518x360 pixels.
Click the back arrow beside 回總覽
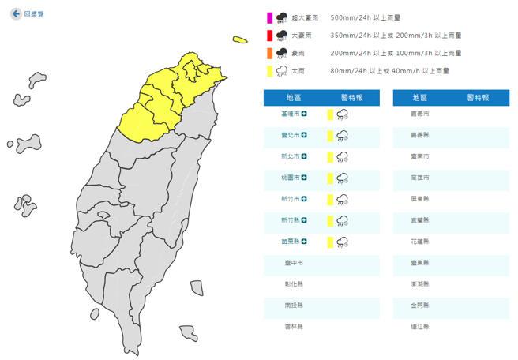point(16,14)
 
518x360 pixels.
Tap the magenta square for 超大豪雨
point(269,17)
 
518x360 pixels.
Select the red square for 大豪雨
point(269,36)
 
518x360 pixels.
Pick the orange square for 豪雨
point(269,53)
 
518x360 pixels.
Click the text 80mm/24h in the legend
point(348,71)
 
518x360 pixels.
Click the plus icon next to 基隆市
point(304,114)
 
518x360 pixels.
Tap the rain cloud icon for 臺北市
point(343,136)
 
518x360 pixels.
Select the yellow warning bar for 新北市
point(329,157)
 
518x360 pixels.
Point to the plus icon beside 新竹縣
point(304,220)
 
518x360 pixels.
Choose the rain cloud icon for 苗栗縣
point(343,242)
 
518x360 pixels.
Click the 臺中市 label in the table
point(294,263)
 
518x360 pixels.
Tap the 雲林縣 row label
point(294,326)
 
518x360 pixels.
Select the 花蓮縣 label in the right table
point(421,242)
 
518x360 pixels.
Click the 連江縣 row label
point(421,326)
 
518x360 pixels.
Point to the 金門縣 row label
point(421,305)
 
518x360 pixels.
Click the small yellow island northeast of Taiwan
point(240,39)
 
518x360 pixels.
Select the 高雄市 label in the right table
point(421,178)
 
